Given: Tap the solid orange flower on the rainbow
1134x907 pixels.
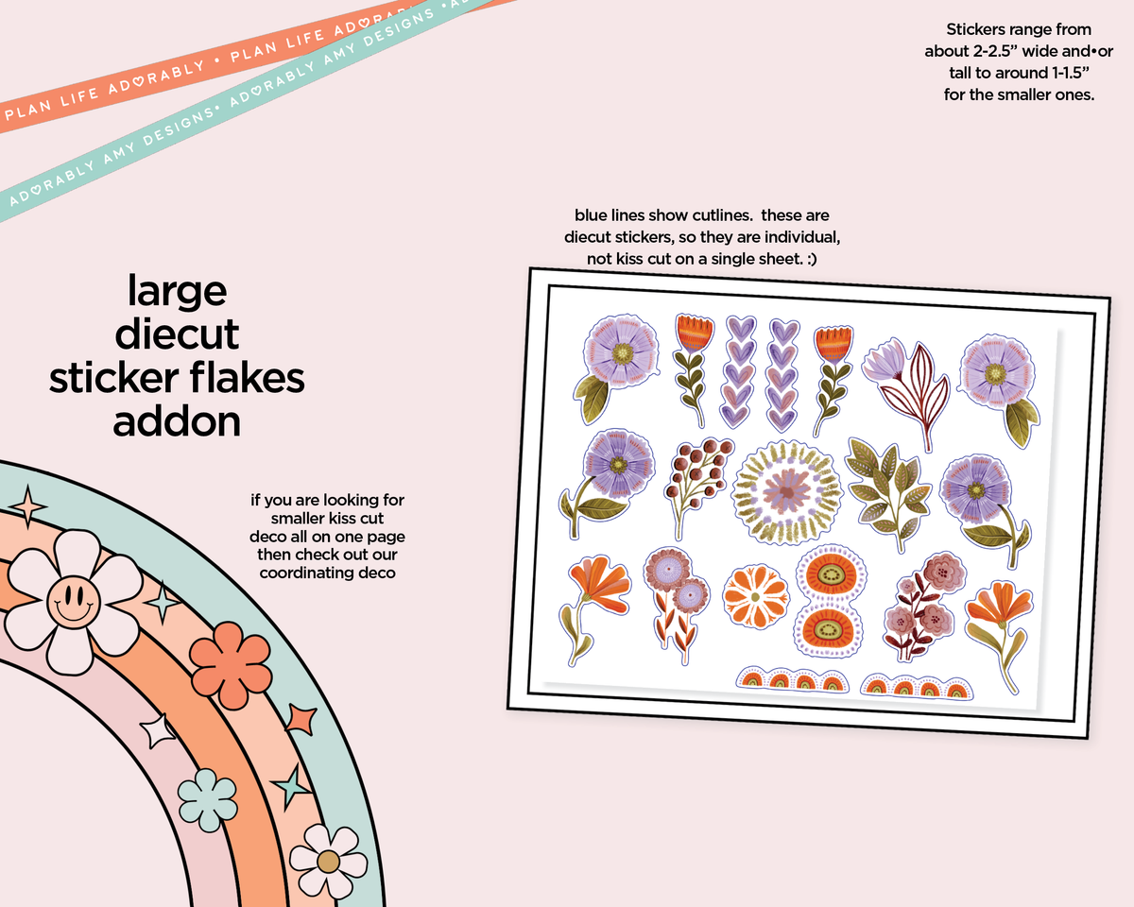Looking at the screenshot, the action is point(231,664).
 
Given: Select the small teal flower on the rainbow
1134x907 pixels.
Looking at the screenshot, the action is point(207,800).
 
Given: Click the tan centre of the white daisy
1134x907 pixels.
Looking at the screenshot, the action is point(328,862).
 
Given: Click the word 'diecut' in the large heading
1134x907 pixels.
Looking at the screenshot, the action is point(177,334).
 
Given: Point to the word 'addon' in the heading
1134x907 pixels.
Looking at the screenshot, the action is point(177,422).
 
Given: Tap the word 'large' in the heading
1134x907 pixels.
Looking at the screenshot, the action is point(177,291).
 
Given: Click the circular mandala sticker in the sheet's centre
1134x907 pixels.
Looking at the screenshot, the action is point(786,492).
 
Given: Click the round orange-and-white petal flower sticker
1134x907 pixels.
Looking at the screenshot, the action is point(756,596).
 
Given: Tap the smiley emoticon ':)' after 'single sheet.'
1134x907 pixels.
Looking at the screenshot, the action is point(811,259).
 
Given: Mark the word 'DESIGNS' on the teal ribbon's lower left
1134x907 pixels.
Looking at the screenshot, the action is point(177,128).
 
